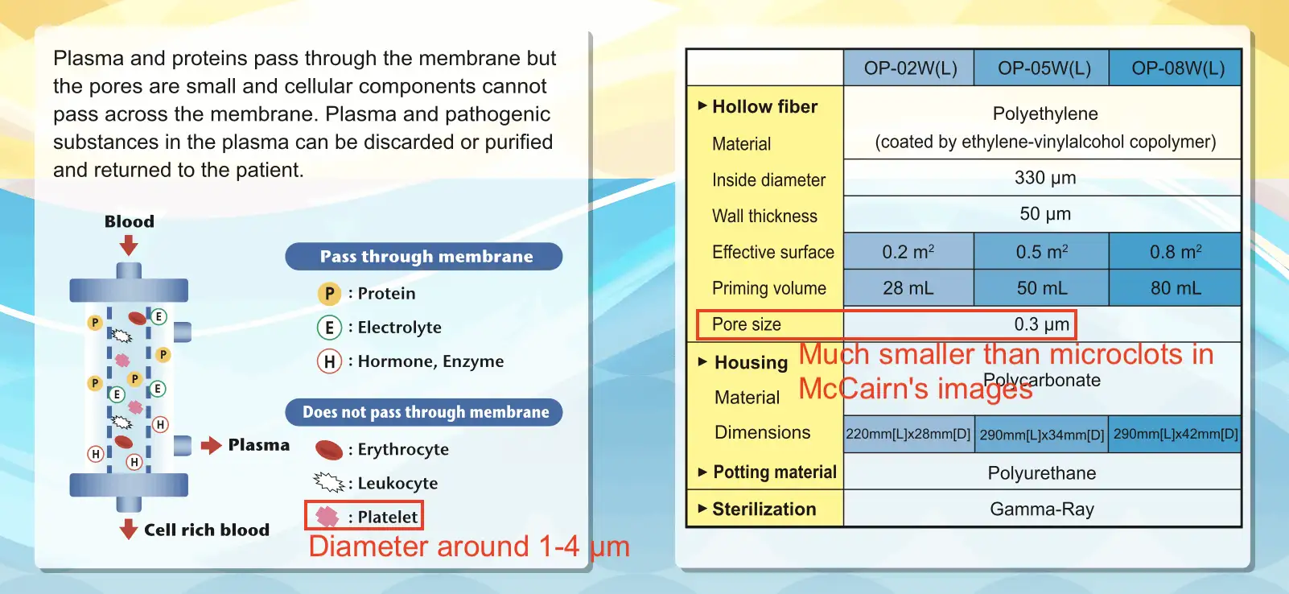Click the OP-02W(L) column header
click(x=909, y=68)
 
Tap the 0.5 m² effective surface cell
click(x=1041, y=252)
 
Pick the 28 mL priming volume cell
click(x=908, y=288)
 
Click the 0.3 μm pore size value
click(x=1041, y=324)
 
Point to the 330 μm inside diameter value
click(x=1045, y=177)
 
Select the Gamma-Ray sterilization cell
click(x=1042, y=509)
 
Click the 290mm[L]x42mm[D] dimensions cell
click(x=1175, y=434)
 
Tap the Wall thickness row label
click(x=764, y=216)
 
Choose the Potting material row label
click(x=775, y=472)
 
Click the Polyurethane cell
click(x=1042, y=472)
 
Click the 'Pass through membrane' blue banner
click(x=424, y=256)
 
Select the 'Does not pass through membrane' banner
click(x=424, y=412)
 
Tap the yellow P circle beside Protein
click(x=329, y=294)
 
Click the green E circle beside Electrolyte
click(x=329, y=328)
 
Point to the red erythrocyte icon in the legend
click(x=329, y=450)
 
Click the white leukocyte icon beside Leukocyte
click(x=328, y=482)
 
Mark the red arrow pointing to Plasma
click(x=211, y=445)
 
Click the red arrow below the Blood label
click(x=129, y=245)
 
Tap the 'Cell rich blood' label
click(x=207, y=530)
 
